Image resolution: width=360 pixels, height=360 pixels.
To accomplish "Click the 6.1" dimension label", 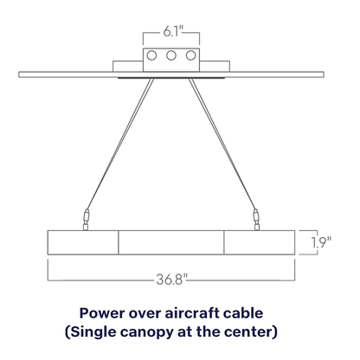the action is [x=173, y=31].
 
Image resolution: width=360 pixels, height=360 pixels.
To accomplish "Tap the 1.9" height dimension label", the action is [x=321, y=242].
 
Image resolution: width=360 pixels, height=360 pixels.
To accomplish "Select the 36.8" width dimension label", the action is [x=172, y=280].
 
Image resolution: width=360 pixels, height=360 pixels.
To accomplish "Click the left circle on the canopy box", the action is [x=151, y=55].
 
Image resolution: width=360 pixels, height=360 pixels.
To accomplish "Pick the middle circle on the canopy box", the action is [x=171, y=55].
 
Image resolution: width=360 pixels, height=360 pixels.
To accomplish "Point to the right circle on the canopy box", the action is [x=190, y=55].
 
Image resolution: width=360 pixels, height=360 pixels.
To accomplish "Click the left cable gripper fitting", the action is [x=86, y=220].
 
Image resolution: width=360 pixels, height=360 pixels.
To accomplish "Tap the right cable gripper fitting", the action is [x=256, y=220].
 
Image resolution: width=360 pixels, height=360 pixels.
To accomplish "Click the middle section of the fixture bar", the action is [x=171, y=242].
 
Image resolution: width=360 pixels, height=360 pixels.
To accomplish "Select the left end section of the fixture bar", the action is [x=83, y=242].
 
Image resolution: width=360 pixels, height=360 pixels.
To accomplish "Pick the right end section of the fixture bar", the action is [x=260, y=242].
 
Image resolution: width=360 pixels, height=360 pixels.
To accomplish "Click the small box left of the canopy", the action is [x=128, y=66].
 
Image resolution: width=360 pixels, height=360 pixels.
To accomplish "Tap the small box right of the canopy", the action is [x=215, y=66].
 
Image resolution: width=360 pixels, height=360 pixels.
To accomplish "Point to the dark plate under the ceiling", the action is [x=171, y=78].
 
